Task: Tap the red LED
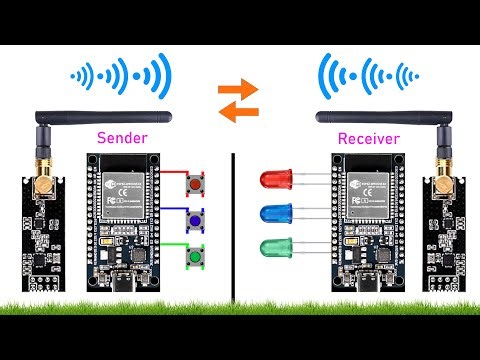pyautogui.click(x=274, y=181)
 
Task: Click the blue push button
pyautogui.click(x=197, y=221)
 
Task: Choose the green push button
pyautogui.click(x=197, y=258)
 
